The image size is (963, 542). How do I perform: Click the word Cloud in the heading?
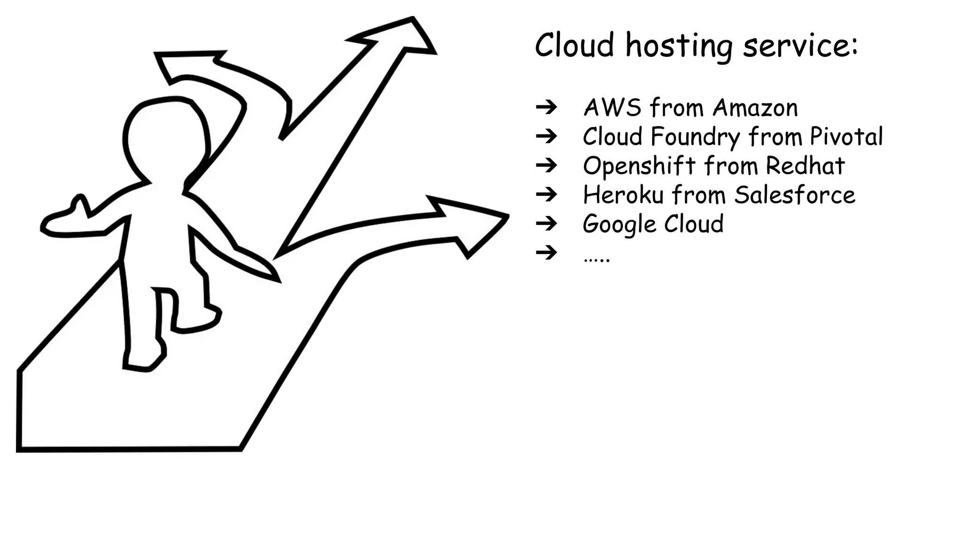574,45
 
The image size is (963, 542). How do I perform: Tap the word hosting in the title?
679,47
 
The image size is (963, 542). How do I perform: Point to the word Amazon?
755,108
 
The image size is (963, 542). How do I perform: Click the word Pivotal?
846,136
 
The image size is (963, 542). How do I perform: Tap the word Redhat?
805,166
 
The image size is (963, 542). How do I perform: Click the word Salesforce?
795,195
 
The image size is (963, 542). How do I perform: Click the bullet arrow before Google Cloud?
546,223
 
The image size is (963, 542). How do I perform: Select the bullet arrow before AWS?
546,107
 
